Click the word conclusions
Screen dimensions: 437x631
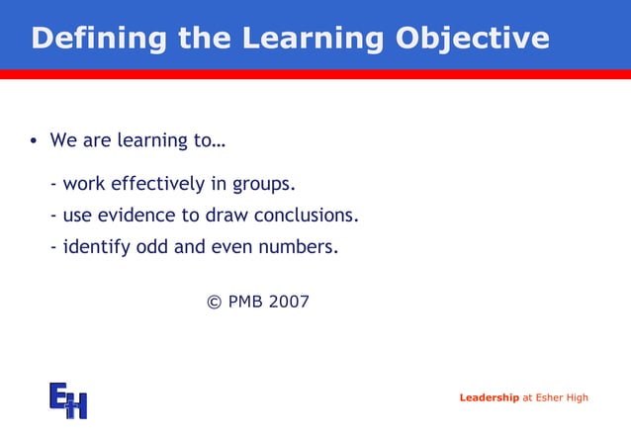[307, 216]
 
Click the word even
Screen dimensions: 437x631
[232, 247]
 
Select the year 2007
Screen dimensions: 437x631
[289, 301]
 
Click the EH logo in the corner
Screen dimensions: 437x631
[68, 399]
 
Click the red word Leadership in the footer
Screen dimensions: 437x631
[489, 397]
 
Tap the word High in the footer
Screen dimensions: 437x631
[578, 397]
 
